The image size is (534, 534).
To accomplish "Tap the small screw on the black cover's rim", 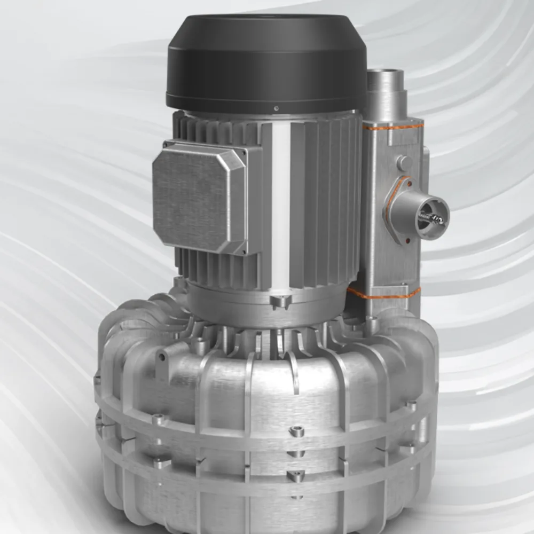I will click(276, 108).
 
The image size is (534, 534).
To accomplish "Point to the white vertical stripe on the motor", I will click(281, 208).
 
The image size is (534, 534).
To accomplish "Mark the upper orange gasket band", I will click(393, 127).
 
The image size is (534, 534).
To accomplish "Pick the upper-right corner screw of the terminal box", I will click(246, 153).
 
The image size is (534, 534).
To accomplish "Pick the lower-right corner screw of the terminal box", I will click(245, 251).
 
